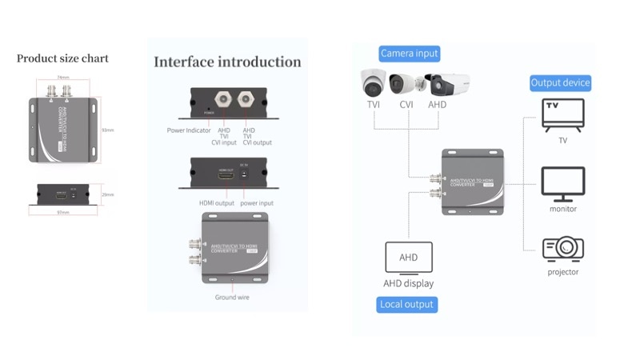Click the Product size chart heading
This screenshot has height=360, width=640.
pos(62,58)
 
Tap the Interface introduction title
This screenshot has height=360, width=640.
pos(227,62)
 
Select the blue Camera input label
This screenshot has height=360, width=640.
pos(410,54)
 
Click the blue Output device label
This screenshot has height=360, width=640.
pos(560,82)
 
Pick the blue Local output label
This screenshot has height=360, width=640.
pos(407,304)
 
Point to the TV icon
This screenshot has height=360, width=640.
pos(562,114)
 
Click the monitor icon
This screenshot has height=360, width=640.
pos(562,184)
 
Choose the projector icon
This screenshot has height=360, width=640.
pos(562,249)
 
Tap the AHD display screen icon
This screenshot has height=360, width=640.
pos(408,258)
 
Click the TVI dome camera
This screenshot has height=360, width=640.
pos(374,82)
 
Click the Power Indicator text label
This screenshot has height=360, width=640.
pos(189,130)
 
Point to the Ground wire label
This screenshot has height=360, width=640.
pos(231,298)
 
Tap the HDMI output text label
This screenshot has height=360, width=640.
pos(217,202)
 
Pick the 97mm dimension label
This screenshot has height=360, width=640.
pos(63,213)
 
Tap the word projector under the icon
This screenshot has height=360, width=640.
pos(562,272)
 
